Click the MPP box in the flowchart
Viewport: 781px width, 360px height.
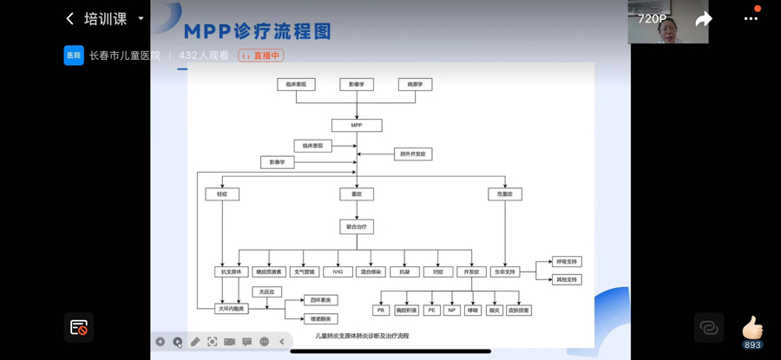pos(356,125)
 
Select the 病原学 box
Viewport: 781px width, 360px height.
pos(415,84)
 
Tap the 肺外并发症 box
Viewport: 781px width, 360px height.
pos(412,154)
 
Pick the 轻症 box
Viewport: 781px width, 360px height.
pos(222,194)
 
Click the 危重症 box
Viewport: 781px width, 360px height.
pos(505,194)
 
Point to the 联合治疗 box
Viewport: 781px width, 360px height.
pos(356,226)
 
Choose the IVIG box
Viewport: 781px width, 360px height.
pos(338,272)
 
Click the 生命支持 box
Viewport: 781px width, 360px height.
pos(505,272)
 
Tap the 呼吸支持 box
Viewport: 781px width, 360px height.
pos(566,261)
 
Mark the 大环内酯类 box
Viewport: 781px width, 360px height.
pos(231,308)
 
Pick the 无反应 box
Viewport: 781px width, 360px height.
pos(266,292)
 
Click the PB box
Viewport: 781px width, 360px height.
pos(381,310)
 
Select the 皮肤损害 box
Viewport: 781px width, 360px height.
pos(519,310)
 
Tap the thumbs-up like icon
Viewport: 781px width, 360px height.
pos(751,327)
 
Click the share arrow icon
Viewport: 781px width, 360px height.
pos(703,19)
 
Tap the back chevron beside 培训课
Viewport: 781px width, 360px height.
pos(70,18)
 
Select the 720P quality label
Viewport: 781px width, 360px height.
pos(653,18)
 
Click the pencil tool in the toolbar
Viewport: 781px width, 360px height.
pos(195,342)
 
